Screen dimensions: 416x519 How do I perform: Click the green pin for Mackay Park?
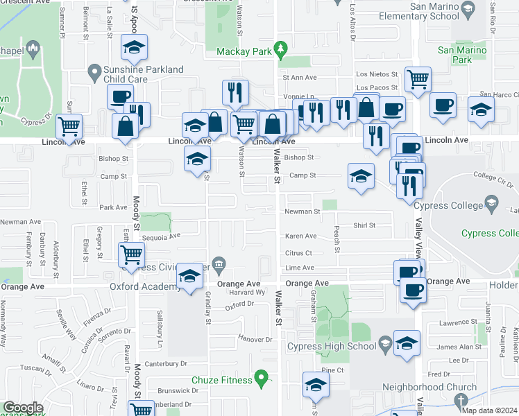280,49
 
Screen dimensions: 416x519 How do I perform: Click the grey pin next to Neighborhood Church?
461,400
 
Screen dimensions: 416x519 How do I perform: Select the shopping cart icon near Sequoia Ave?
131,254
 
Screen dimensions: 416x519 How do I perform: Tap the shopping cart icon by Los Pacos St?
418,79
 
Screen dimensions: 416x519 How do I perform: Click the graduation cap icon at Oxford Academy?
189,276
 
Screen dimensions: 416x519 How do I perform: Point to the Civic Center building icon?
219,263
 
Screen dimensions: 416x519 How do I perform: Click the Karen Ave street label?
300,236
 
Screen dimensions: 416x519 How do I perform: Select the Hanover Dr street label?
252,339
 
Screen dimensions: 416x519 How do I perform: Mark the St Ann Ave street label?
298,78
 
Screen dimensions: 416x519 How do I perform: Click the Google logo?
23,408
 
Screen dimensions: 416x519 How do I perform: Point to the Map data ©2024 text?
489,410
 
